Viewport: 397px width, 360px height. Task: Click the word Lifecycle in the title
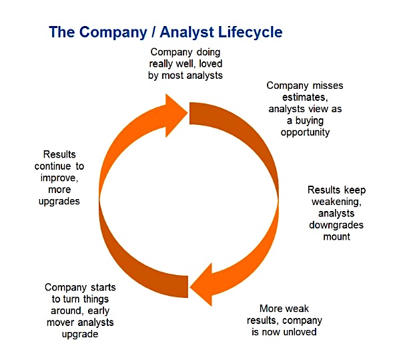250,33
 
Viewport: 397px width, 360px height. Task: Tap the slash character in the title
153,32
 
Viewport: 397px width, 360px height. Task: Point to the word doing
208,53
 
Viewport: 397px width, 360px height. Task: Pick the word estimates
305,98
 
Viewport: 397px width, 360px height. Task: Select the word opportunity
306,133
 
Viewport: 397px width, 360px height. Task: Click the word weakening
336,202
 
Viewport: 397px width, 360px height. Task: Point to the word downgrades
336,225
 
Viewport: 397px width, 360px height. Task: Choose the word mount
337,237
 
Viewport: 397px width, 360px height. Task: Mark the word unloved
301,332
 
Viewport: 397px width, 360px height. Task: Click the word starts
103,287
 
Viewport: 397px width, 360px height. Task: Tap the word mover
61,323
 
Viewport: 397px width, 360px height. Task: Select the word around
66,311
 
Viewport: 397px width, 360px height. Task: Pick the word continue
53,166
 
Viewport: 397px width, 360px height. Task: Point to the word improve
59,178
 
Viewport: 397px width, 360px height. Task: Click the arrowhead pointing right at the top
175,116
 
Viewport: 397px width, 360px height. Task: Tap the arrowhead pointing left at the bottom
202,285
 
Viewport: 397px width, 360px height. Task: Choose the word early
98,311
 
